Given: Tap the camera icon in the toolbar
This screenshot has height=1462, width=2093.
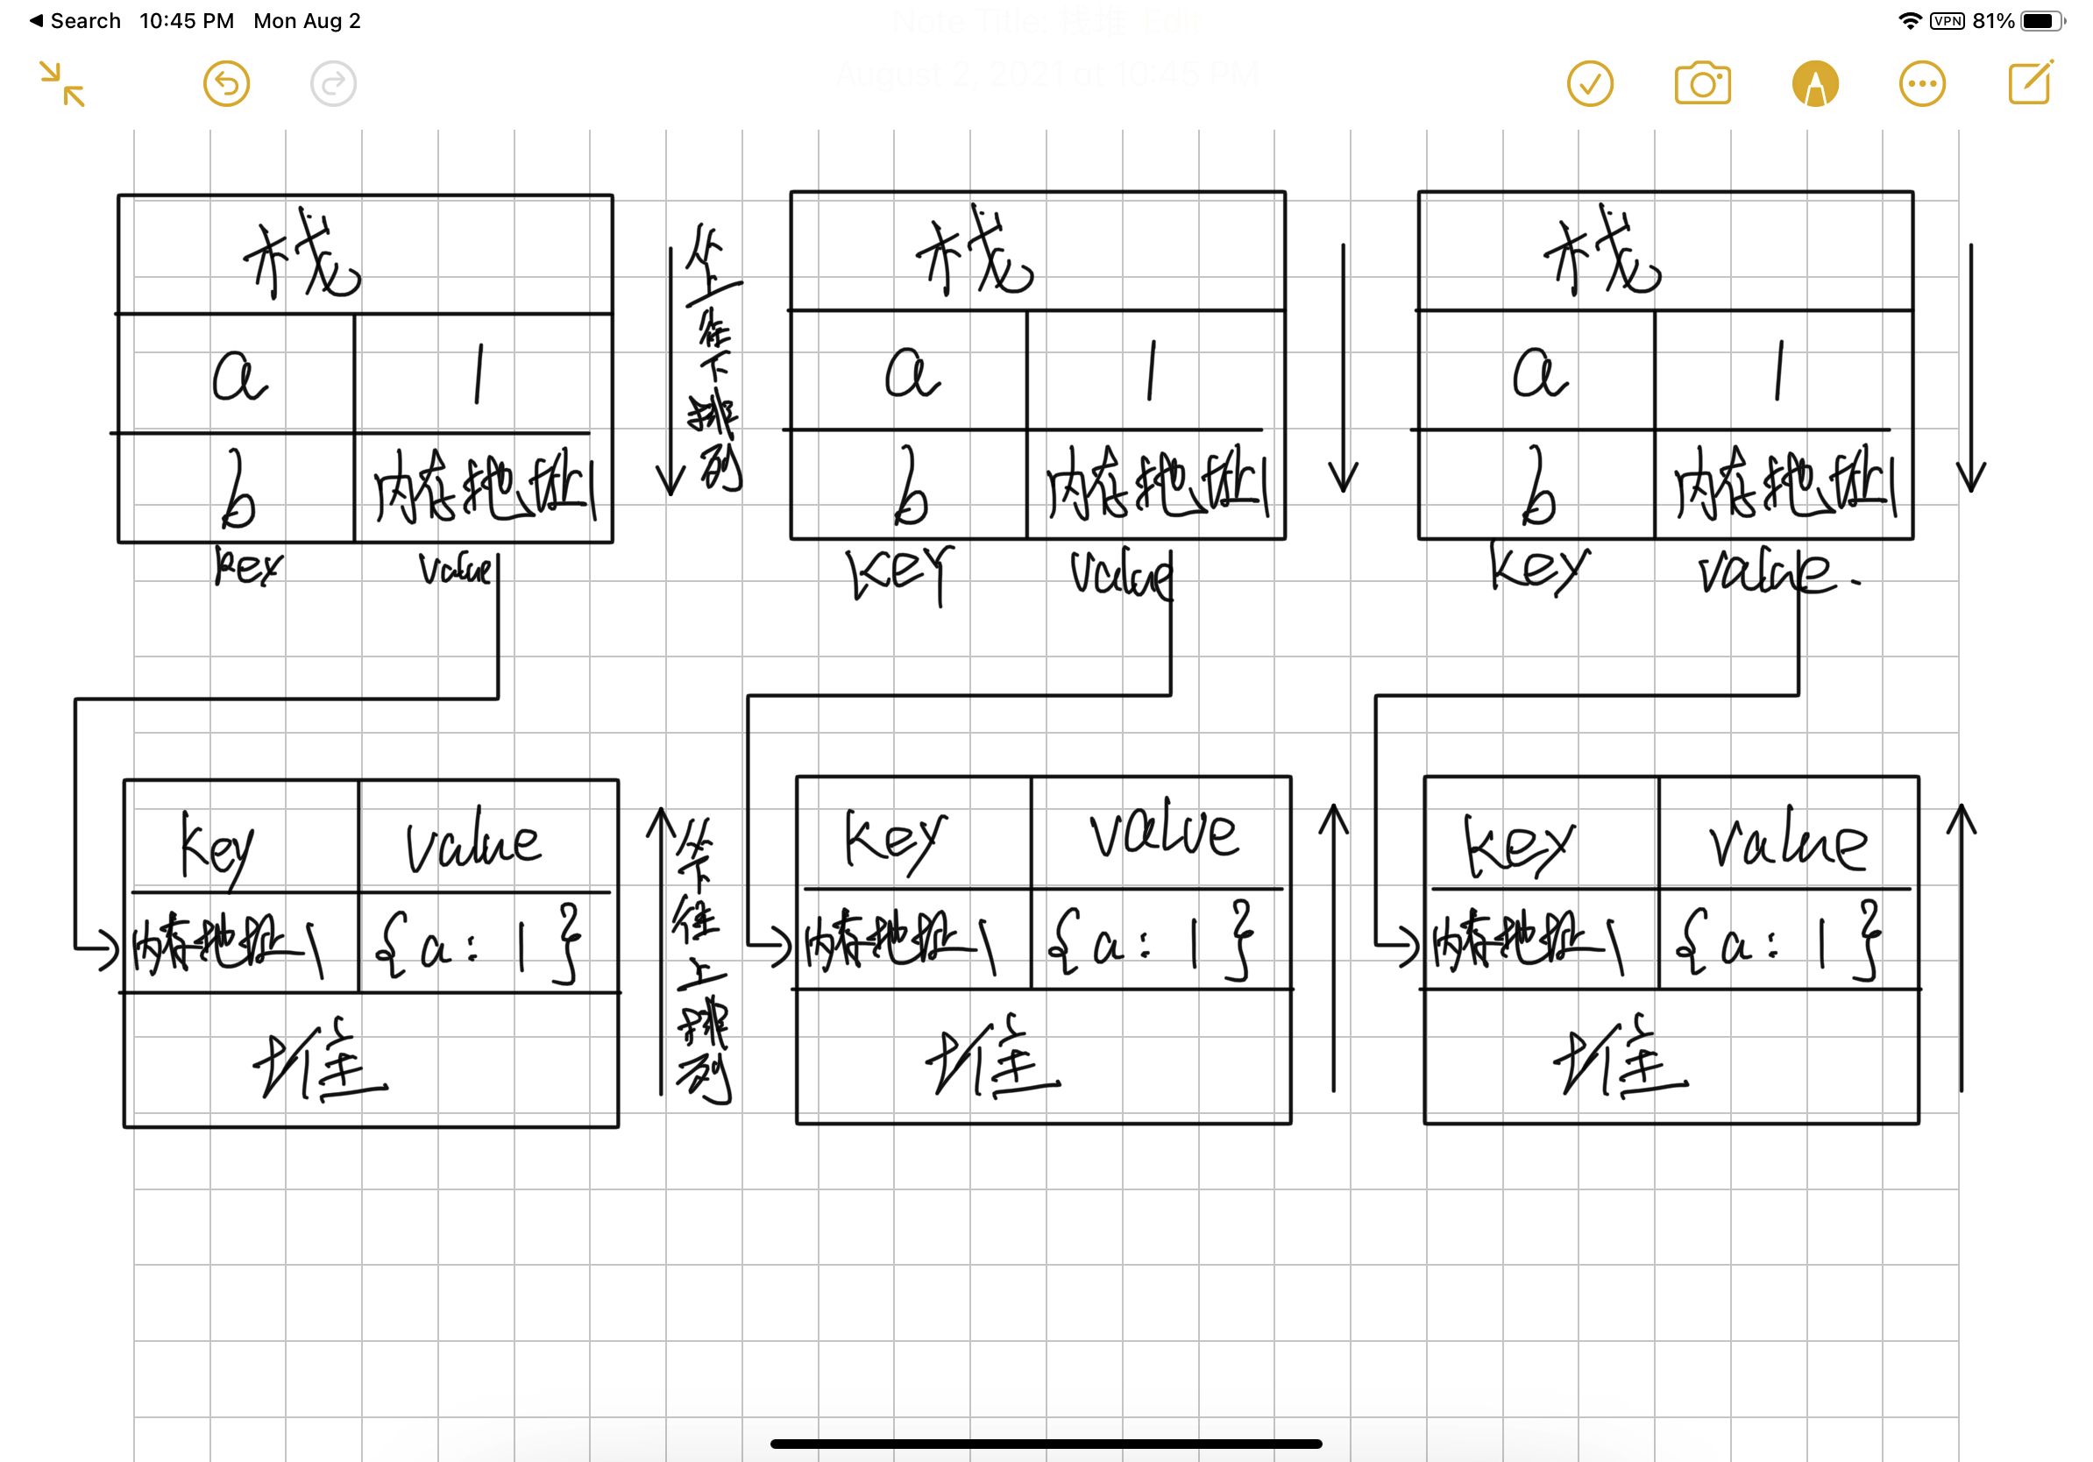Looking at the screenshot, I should (1702, 84).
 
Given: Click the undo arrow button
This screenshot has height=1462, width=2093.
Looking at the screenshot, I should (226, 84).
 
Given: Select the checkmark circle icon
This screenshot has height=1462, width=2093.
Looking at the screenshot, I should (1590, 84).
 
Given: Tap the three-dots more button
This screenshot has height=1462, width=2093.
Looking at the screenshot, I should (1921, 84).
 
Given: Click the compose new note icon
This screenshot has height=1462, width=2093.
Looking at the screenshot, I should (2030, 83).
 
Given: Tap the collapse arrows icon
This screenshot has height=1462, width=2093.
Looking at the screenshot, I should (62, 84).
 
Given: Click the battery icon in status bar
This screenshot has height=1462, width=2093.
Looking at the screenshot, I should (2041, 21).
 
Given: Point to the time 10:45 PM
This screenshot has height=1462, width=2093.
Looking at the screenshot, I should (186, 21).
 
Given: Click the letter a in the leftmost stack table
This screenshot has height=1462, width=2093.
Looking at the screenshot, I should (238, 375).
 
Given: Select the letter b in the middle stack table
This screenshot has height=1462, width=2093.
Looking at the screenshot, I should (910, 486).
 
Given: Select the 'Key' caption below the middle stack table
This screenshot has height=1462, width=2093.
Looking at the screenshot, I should (900, 572).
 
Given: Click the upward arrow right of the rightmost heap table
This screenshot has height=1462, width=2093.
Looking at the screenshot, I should (1962, 947).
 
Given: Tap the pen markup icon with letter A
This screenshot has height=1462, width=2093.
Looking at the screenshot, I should (1814, 84).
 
